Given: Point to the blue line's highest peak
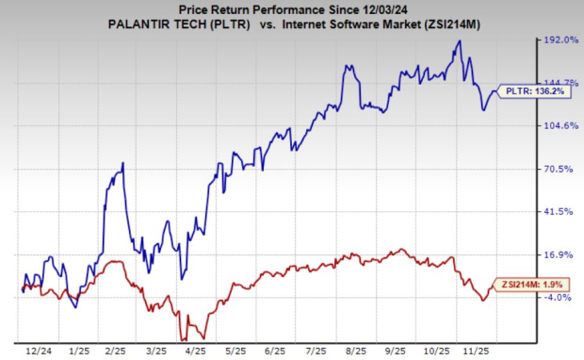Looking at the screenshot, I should (459, 41).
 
